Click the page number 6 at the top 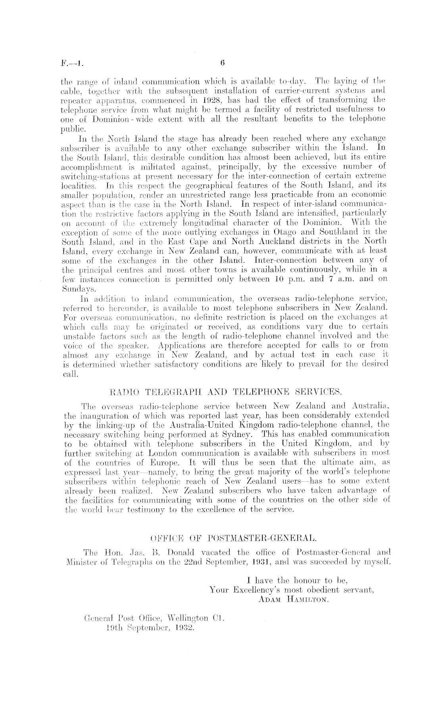click(x=223, y=63)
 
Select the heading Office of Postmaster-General click(x=227, y=538)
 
